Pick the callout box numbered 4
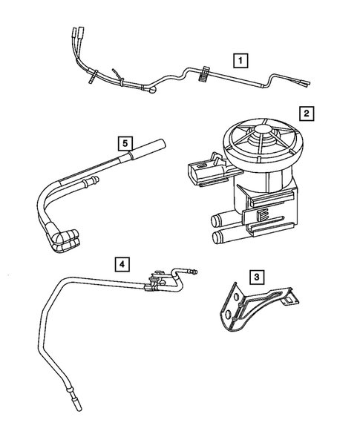tap(122, 263)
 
